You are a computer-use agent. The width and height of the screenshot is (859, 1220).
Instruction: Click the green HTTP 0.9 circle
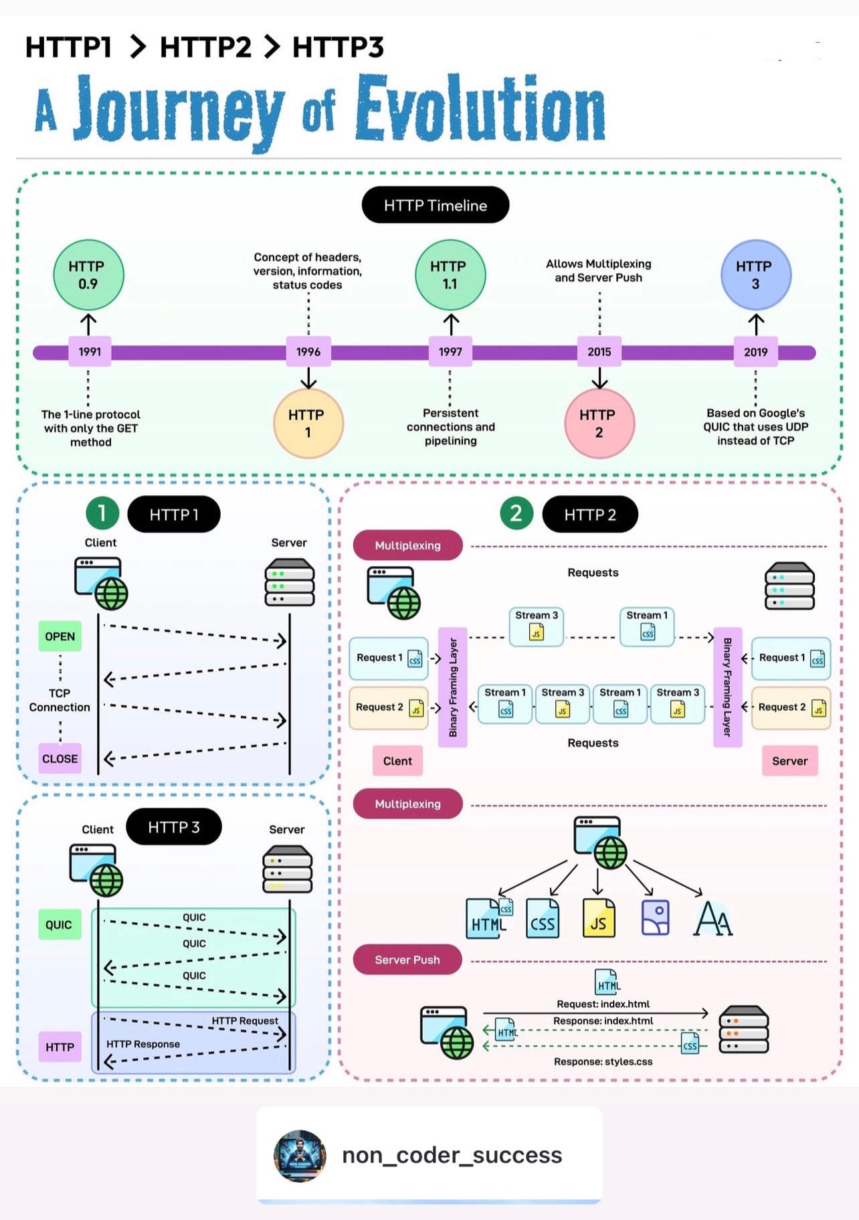click(x=88, y=274)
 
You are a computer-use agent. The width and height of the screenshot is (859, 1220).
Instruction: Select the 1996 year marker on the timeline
click(x=308, y=351)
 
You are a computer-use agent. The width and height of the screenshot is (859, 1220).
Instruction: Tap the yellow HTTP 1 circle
click(x=308, y=423)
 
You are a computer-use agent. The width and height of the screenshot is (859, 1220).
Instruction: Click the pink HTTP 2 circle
click(x=599, y=423)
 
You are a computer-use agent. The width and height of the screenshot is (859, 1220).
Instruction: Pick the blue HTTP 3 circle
click(x=755, y=274)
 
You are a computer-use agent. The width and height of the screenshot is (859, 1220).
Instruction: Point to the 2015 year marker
click(x=599, y=351)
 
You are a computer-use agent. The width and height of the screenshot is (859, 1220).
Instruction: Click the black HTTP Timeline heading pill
click(x=435, y=205)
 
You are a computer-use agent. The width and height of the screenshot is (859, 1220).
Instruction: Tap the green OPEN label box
click(x=60, y=636)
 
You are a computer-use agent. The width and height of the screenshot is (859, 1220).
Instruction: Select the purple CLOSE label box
click(x=60, y=759)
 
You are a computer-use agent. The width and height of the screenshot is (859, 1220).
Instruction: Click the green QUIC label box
click(x=59, y=925)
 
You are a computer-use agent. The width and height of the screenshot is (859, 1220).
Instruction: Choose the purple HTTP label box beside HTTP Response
click(x=60, y=1047)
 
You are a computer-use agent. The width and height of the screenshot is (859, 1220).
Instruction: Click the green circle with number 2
click(x=516, y=513)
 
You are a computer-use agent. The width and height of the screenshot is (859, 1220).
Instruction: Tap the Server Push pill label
click(x=407, y=960)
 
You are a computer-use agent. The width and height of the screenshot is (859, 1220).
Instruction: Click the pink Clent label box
click(x=397, y=761)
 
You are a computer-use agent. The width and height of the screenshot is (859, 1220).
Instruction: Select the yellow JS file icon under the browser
click(x=598, y=918)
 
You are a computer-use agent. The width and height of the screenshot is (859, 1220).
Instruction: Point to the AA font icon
click(x=713, y=919)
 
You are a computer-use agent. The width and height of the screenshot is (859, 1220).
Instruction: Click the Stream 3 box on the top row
click(x=536, y=626)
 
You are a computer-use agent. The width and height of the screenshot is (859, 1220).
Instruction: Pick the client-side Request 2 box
click(x=388, y=707)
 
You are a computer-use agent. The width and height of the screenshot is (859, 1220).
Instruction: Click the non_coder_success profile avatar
click(x=300, y=1156)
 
